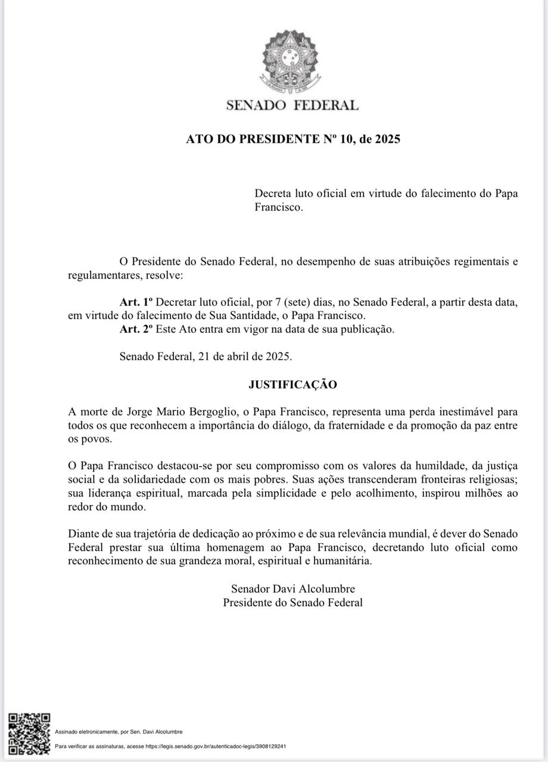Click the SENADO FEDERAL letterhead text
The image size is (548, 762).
(292, 106)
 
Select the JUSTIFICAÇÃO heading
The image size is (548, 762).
(292, 385)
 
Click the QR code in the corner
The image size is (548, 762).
(29, 734)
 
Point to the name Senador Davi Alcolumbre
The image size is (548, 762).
(292, 589)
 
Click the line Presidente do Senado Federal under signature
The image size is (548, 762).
(292, 602)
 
